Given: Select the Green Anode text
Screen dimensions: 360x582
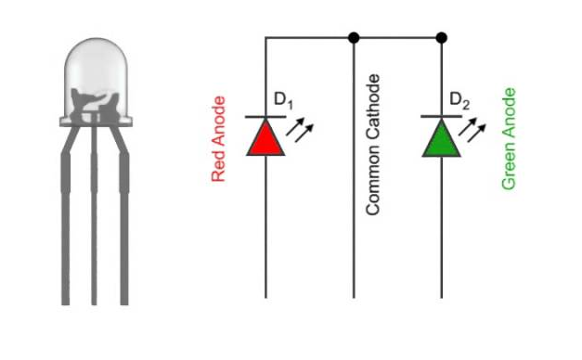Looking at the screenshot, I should pyautogui.click(x=508, y=139).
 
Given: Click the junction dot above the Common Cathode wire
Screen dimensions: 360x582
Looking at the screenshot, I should pyautogui.click(x=354, y=38).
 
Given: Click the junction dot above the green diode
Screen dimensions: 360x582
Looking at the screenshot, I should pyautogui.click(x=441, y=38).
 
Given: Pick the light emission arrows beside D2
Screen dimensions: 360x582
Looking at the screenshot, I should pyautogui.click(x=475, y=129).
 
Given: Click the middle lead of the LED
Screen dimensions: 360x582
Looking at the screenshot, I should pyautogui.click(x=94, y=232).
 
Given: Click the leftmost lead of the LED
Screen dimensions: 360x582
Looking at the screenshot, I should pyautogui.click(x=66, y=232).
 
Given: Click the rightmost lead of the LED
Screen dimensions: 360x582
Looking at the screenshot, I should pyautogui.click(x=123, y=232).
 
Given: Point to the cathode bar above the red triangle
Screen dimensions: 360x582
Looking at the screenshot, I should pyautogui.click(x=265, y=117).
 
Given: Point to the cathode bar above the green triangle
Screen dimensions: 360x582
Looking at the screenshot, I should pyautogui.click(x=441, y=117).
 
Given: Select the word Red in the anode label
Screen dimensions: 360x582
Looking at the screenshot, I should pyautogui.click(x=219, y=167).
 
